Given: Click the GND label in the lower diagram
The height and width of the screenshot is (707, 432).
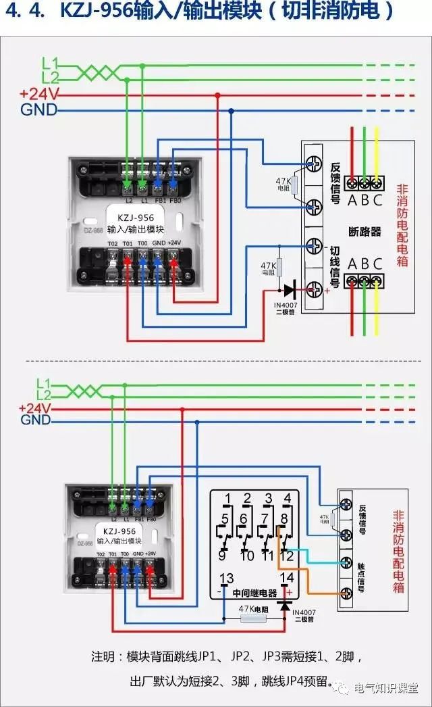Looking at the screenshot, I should coord(36,420).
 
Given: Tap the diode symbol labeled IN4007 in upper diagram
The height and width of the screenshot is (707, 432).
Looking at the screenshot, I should coord(289,291).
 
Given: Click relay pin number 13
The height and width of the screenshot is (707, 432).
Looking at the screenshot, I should coord(227,578).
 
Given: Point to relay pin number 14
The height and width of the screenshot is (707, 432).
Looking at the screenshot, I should coord(287,578).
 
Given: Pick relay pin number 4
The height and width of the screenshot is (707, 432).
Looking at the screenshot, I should coord(288,499).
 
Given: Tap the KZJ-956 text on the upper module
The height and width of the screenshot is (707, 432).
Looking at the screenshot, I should coord(135,218).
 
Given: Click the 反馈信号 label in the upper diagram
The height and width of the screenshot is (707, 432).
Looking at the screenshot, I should coord(336,183).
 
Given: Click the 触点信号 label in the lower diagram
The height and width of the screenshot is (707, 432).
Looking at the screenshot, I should coord(362,577).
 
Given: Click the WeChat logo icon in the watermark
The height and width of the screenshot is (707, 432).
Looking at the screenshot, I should coord(344,688).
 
